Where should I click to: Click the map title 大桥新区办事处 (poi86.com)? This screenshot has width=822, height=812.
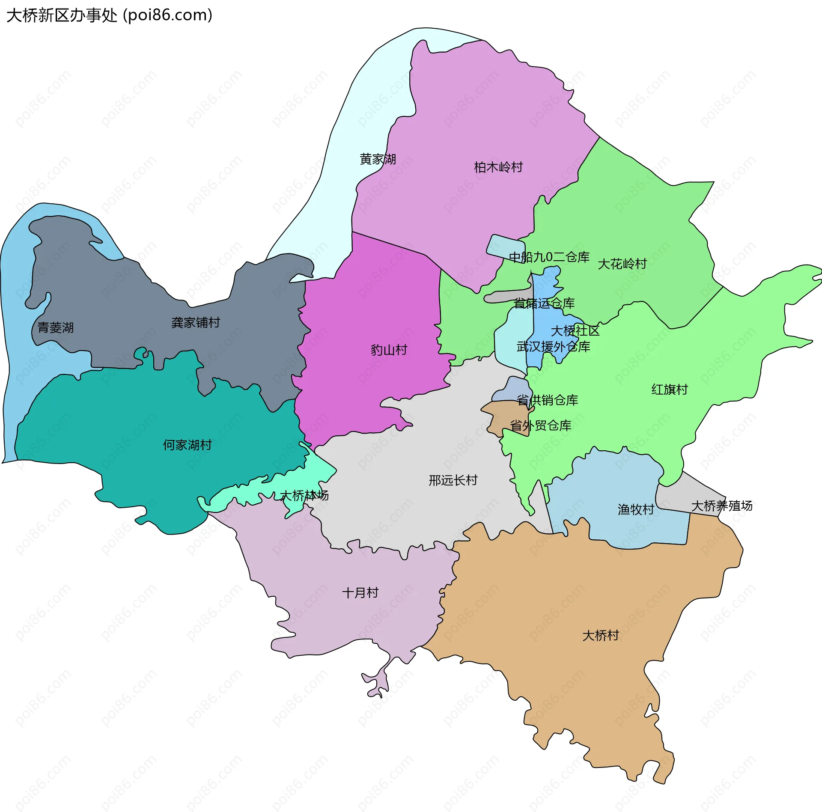click(x=109, y=15)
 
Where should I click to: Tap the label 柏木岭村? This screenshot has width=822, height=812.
click(x=498, y=167)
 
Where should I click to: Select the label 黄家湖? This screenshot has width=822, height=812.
click(x=378, y=159)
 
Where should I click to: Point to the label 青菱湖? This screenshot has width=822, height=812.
click(x=56, y=328)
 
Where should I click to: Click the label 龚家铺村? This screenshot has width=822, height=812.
click(x=196, y=323)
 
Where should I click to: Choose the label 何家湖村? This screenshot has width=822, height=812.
click(x=188, y=445)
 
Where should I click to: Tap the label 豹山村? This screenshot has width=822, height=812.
click(x=389, y=350)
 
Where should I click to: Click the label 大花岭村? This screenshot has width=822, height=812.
click(x=622, y=264)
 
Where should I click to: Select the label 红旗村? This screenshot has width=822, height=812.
click(x=670, y=390)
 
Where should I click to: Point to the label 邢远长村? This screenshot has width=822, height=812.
click(x=453, y=480)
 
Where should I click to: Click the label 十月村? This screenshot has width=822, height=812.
click(x=360, y=593)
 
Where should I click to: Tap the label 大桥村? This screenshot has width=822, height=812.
click(x=601, y=636)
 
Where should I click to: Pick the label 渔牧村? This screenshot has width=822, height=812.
click(x=636, y=509)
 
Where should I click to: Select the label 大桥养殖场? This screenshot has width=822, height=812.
click(x=722, y=506)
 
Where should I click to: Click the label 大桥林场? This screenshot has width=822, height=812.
click(x=304, y=496)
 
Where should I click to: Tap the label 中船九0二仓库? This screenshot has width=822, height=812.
click(x=549, y=257)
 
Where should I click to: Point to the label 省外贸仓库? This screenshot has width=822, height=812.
click(x=541, y=425)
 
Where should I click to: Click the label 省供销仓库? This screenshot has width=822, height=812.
click(x=548, y=400)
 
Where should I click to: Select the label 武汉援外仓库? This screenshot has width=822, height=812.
click(x=553, y=347)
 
